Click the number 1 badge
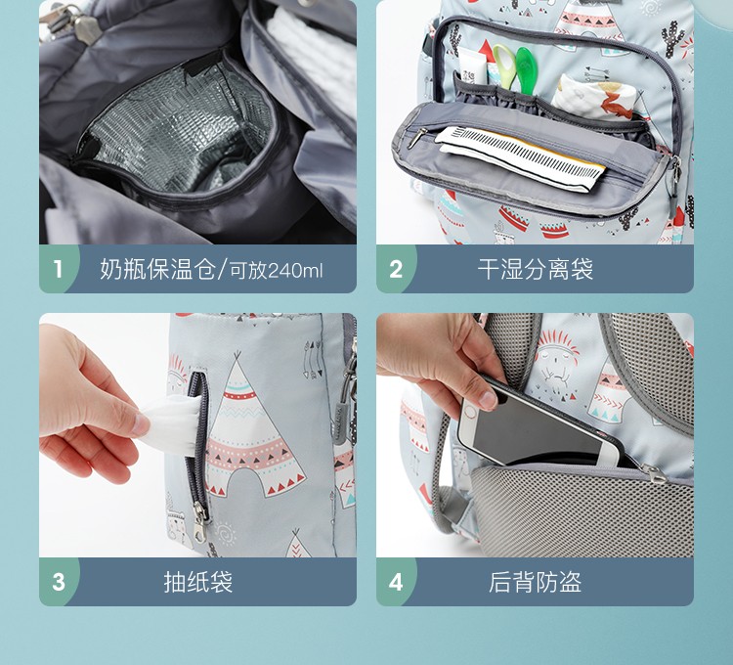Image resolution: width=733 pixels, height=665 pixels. pyautogui.click(x=58, y=269)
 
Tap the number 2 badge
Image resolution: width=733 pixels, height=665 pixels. pyautogui.click(x=396, y=269)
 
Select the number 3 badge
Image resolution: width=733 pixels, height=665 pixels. pyautogui.click(x=58, y=582)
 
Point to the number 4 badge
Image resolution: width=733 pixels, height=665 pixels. pyautogui.click(x=396, y=582)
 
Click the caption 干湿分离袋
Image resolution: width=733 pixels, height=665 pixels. pyautogui.click(x=536, y=269)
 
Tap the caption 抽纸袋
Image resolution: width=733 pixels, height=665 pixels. pyautogui.click(x=198, y=582)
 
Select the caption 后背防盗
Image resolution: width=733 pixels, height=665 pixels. pyautogui.click(x=536, y=582)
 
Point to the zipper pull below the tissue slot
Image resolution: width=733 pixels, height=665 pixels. pyautogui.click(x=200, y=521)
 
